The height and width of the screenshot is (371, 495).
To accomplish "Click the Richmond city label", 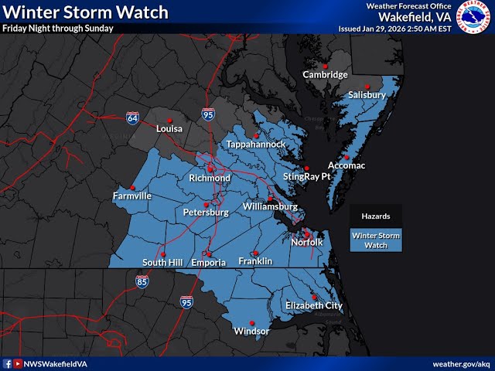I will [210, 179].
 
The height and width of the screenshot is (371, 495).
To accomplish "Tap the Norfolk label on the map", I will [312, 243].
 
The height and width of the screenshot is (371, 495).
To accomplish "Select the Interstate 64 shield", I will [133, 117].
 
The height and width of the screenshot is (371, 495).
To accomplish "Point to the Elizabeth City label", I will [313, 306].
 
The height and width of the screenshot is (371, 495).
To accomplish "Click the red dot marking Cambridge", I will [326, 65].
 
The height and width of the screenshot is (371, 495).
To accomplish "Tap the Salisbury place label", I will [366, 94].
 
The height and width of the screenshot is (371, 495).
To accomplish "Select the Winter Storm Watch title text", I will [84, 12].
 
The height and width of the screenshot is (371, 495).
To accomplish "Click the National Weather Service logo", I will [474, 16].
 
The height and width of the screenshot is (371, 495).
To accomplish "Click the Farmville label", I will [132, 196].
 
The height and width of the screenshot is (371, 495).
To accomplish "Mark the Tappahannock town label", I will [257, 145].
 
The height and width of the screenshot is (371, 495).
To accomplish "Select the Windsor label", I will [251, 332].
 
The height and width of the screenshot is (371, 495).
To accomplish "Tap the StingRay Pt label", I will [306, 177].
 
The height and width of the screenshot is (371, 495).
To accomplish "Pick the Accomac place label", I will [346, 166].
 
